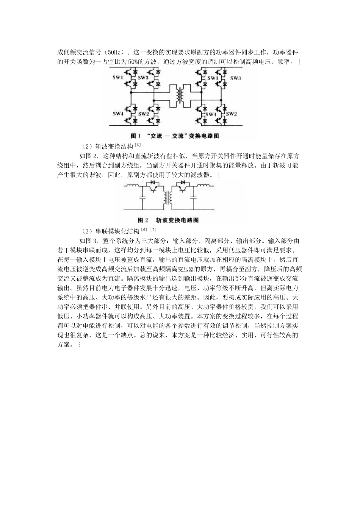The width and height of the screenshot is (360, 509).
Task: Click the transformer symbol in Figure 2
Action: [x=167, y=197]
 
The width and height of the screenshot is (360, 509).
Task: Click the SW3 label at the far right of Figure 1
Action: [x=235, y=78]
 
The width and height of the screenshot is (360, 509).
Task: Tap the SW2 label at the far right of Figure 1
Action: [x=232, y=114]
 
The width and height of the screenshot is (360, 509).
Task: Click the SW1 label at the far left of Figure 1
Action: [x=118, y=78]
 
